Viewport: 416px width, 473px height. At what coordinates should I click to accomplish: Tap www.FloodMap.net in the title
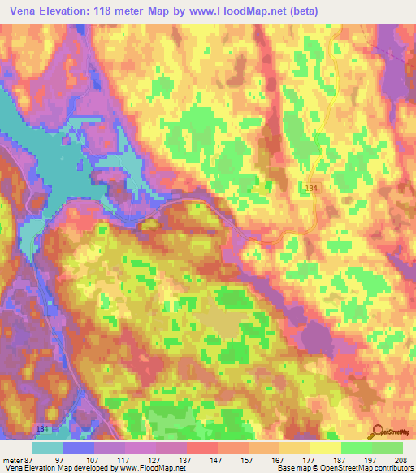point(245,11)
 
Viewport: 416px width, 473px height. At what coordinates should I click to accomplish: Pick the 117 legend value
point(124,459)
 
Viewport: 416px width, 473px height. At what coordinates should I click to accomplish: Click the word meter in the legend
point(12,459)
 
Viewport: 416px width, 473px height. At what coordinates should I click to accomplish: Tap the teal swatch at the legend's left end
point(48,448)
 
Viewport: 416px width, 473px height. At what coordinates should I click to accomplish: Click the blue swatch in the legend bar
point(79,448)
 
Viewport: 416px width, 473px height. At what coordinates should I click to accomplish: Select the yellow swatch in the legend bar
point(326,448)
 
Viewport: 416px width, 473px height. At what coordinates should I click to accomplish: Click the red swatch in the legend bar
point(202,448)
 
